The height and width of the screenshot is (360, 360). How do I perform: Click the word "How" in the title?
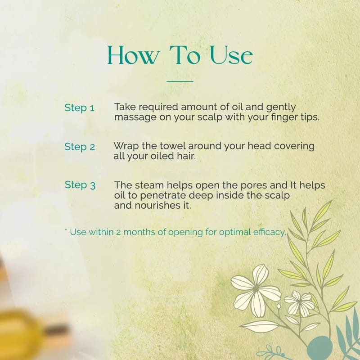[133, 55]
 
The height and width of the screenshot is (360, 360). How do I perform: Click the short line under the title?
[180, 81]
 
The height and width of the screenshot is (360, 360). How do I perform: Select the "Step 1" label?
[80, 108]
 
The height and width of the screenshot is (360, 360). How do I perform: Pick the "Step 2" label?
[80, 147]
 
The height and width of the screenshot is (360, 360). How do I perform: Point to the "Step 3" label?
[80, 185]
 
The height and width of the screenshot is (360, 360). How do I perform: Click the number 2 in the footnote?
[118, 232]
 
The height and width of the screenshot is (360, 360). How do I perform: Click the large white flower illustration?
[256, 290]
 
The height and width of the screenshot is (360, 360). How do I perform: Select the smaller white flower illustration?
[299, 303]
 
